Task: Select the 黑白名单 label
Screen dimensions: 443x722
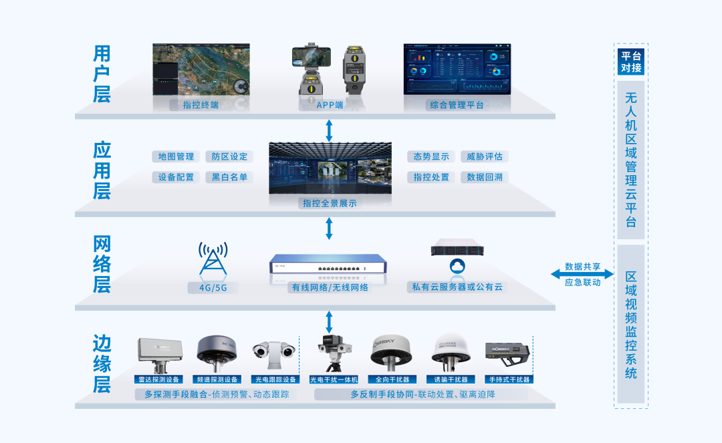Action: (229, 177)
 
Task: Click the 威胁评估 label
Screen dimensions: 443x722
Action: (485, 156)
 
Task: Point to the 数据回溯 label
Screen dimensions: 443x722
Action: (485, 177)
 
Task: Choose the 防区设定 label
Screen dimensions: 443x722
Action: (229, 156)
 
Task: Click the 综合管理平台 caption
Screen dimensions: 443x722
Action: (457, 105)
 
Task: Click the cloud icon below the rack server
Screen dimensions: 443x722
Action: (457, 267)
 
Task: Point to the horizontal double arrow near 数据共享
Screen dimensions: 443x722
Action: (581, 274)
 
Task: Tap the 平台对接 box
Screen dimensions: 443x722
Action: (631, 62)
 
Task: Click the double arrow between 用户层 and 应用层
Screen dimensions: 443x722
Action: (329, 130)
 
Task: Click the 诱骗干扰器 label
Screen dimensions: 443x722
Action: (451, 380)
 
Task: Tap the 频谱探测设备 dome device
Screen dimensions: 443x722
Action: (216, 349)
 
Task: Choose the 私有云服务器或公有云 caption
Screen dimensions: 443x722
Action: (457, 287)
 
